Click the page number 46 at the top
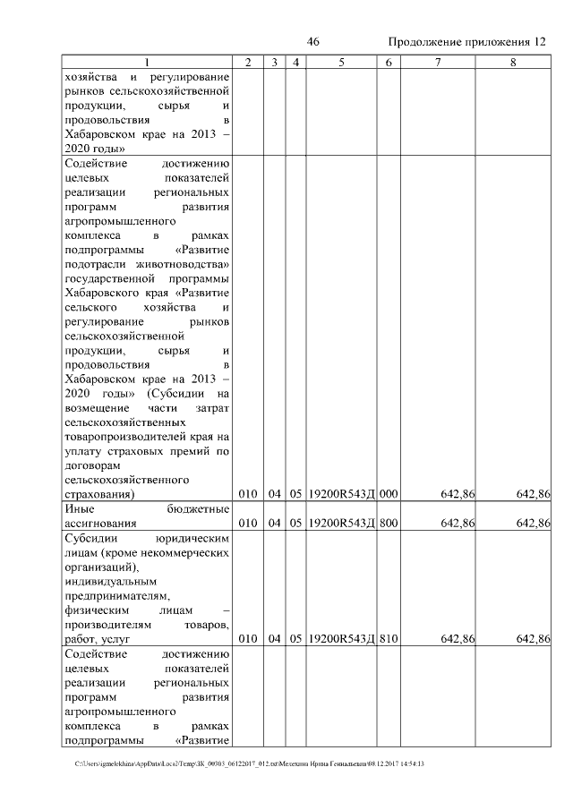point(312,42)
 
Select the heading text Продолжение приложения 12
point(466,42)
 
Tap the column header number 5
point(342,62)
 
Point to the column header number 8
point(513,62)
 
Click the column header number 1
point(149,62)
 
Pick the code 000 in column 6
point(389,494)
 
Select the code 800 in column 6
point(389,524)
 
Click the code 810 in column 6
point(389,639)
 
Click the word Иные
point(81,509)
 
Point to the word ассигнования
point(100,524)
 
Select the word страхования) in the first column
point(100,494)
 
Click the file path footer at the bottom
point(250,764)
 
